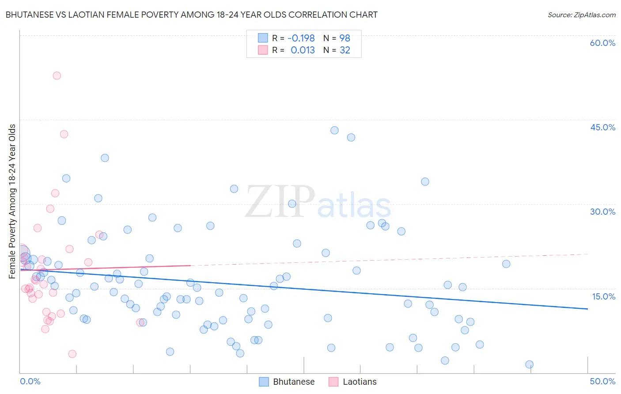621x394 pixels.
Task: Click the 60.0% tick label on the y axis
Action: [602, 43]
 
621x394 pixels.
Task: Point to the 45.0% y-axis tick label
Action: [602, 127]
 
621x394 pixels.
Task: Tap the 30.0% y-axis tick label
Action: [602, 212]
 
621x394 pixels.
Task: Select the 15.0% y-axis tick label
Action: [603, 296]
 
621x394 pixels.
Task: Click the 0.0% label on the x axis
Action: [30, 381]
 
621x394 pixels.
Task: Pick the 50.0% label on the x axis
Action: [602, 381]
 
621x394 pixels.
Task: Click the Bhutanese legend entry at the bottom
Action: [287, 382]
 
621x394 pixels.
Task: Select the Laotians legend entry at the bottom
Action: [352, 382]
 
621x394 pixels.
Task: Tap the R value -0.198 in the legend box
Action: [301, 38]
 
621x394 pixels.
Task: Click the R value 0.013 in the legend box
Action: [303, 50]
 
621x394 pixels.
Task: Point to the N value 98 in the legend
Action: [345, 38]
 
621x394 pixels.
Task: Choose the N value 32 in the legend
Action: [345, 50]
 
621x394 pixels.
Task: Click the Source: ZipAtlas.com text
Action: [581, 15]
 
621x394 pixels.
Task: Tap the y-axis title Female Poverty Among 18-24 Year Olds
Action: [12, 201]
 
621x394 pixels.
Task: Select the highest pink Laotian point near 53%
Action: [57, 76]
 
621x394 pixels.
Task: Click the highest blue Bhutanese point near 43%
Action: [334, 130]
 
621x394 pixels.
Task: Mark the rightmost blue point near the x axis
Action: [529, 364]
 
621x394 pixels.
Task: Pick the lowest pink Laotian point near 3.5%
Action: [72, 354]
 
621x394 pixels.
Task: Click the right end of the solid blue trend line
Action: [587, 309]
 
